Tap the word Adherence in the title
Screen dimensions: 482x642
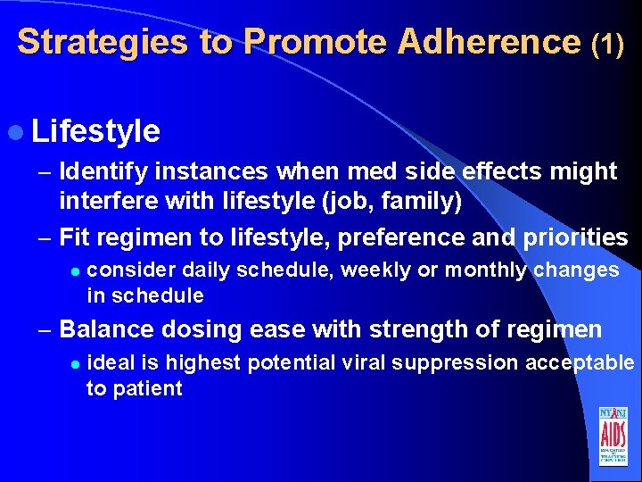point(490,42)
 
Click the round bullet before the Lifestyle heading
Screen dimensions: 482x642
point(20,132)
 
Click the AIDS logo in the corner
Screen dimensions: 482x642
point(613,436)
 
